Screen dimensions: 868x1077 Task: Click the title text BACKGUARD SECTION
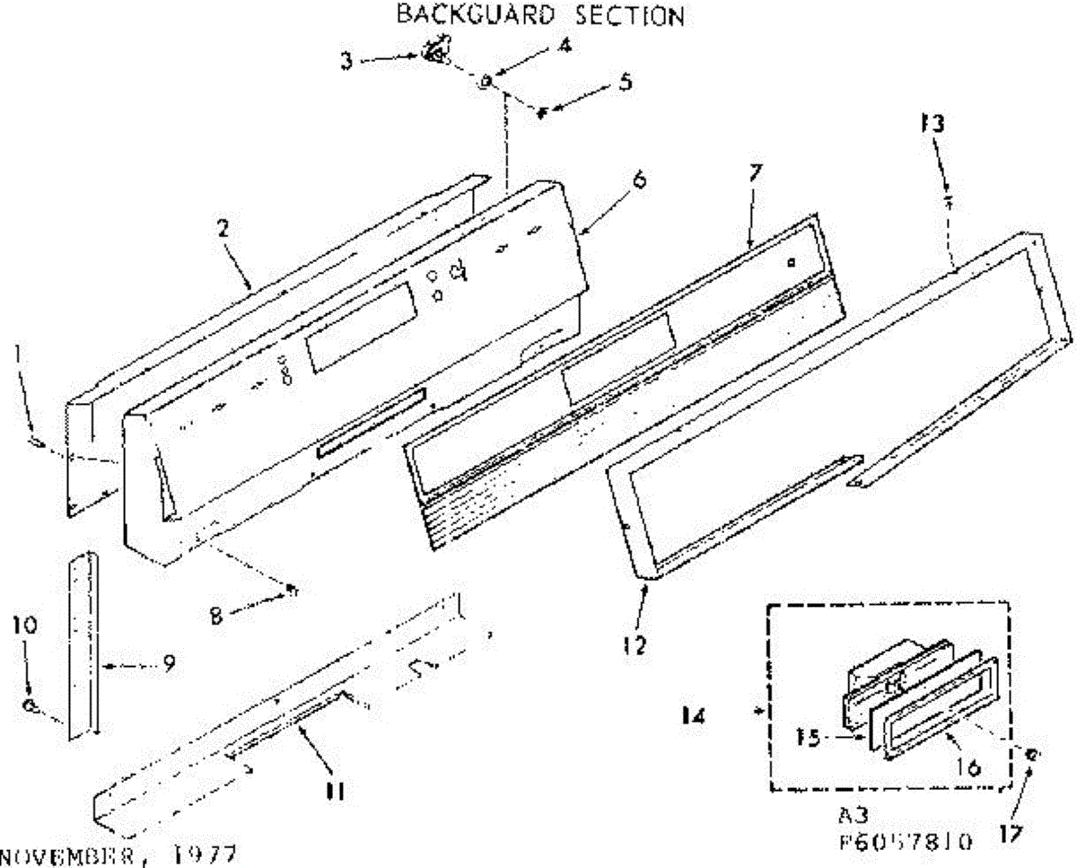[541, 15]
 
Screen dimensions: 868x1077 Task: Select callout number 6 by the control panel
[639, 180]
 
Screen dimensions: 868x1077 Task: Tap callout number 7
[754, 173]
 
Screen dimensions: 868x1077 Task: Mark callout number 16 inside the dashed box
[971, 767]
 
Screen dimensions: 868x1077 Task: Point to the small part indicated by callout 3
[436, 52]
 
